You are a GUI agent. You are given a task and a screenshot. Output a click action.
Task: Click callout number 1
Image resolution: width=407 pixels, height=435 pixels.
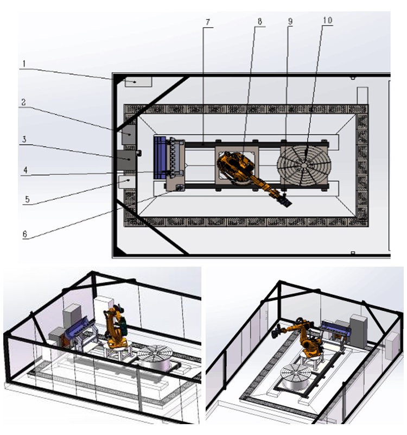click(24, 64)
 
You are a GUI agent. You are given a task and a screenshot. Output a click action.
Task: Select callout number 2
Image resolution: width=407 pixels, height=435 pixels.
click(23, 102)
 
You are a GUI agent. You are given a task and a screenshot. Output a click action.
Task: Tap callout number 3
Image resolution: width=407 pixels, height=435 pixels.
click(24, 139)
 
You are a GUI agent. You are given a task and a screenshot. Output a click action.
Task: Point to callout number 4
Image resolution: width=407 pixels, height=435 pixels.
click(26, 170)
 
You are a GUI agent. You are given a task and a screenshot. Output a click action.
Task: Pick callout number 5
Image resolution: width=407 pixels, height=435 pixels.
click(27, 199)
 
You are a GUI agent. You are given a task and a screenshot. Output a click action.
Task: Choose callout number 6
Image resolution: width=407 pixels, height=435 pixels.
click(25, 234)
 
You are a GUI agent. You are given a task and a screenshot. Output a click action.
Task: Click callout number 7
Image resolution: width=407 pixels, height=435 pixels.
click(208, 22)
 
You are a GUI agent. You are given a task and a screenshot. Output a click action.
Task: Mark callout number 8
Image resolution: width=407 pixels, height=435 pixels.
click(260, 21)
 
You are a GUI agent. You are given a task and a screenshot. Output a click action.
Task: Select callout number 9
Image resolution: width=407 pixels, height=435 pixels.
click(290, 21)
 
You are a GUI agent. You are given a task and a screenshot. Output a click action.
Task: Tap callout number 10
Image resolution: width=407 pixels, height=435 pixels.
click(328, 20)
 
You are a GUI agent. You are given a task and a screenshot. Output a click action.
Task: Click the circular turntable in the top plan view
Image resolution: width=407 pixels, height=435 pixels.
click(304, 165)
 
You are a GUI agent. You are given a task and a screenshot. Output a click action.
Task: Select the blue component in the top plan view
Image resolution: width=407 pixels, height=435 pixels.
click(160, 157)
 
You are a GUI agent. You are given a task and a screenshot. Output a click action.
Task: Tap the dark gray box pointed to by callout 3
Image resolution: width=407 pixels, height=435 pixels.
click(126, 160)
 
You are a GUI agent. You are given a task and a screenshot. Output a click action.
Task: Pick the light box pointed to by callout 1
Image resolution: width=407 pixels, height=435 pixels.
click(138, 82)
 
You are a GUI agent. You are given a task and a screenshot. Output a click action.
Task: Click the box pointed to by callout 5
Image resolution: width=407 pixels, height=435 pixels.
click(127, 182)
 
